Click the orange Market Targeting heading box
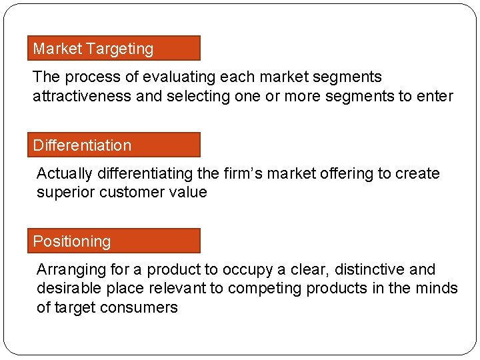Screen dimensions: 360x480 pyautogui.click(x=113, y=49)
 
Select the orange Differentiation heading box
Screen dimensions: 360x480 pyautogui.click(x=113, y=145)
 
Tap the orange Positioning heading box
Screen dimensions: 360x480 pyautogui.click(x=113, y=241)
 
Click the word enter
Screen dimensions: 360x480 pyautogui.click(x=435, y=96)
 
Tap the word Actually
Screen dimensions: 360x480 pyautogui.click(x=65, y=174)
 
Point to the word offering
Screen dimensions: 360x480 pyautogui.click(x=347, y=174)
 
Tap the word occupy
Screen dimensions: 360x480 pyautogui.click(x=248, y=270)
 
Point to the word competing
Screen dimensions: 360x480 pyautogui.click(x=262, y=289)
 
